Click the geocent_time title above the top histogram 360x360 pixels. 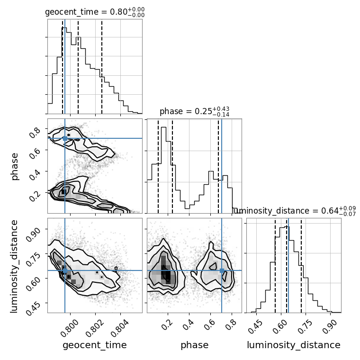click(x=94, y=12)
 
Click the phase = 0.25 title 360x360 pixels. click(x=194, y=111)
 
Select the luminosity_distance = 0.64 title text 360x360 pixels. click(x=294, y=211)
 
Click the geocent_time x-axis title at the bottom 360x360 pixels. click(x=94, y=345)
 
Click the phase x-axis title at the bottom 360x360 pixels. click(x=194, y=345)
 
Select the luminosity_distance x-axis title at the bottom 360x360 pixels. click(x=294, y=345)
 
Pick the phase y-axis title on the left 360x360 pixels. click(x=15, y=166)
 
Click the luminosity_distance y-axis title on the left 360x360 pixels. click(x=15, y=265)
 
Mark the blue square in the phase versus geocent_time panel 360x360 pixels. click(x=65, y=138)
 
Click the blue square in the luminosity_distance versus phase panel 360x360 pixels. click(x=222, y=270)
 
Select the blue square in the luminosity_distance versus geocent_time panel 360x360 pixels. click(x=65, y=270)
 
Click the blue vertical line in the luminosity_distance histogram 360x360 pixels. click(x=288, y=265)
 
